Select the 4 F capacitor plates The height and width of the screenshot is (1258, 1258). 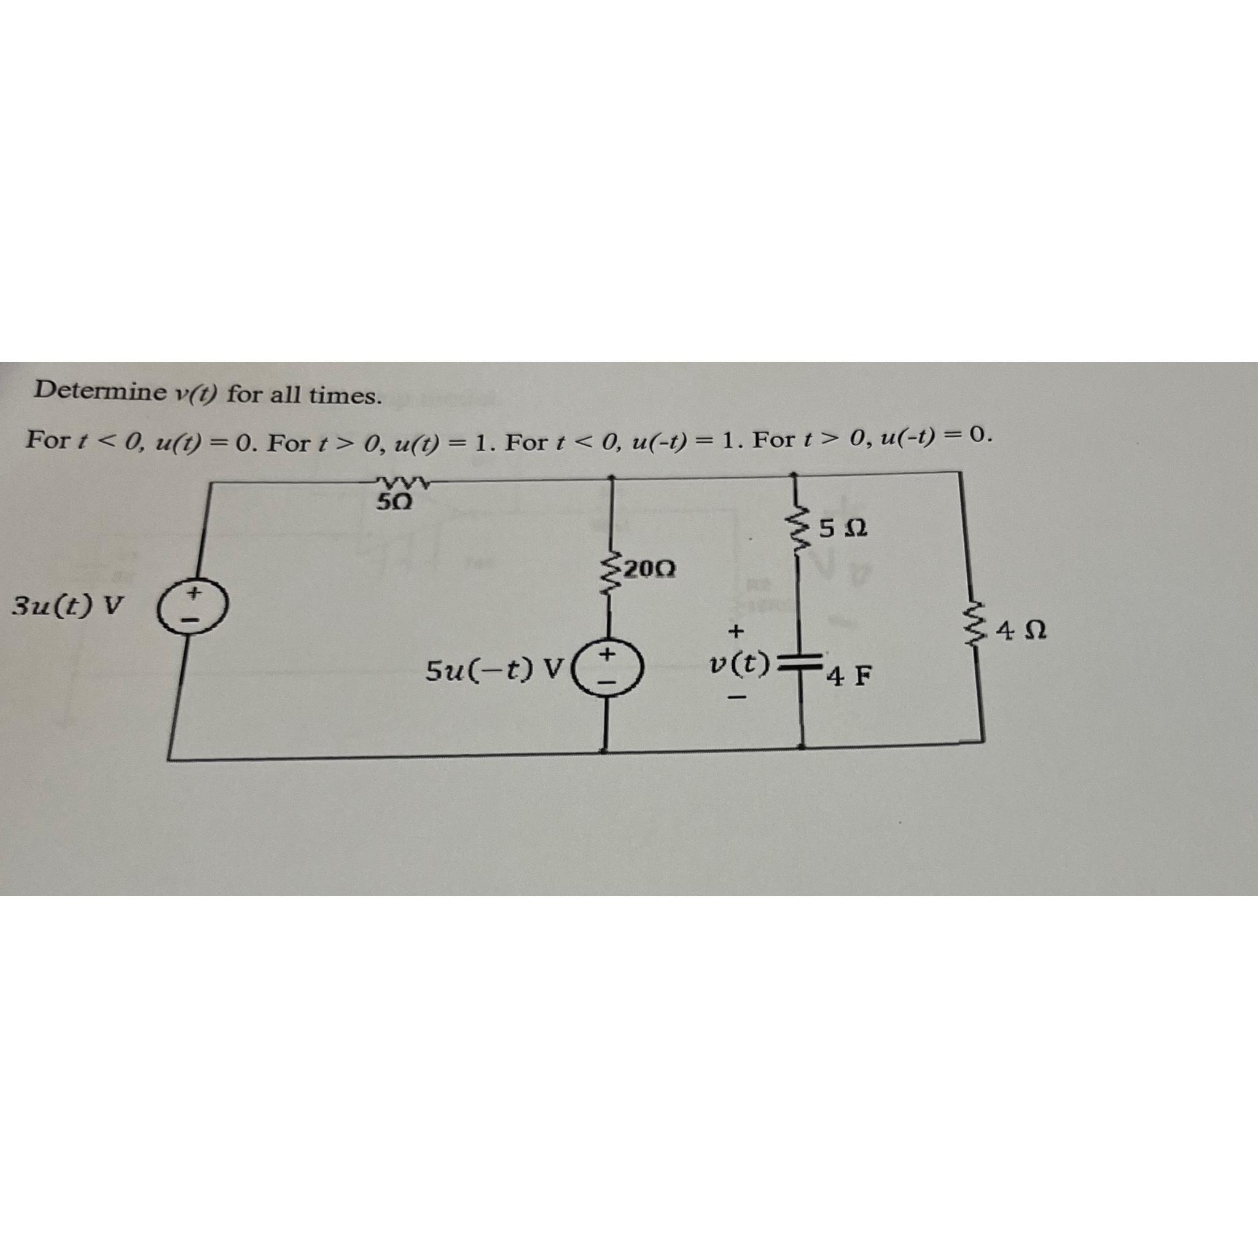pos(800,664)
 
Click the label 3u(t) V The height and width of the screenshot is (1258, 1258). pos(68,607)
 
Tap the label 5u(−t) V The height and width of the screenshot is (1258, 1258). pos(494,669)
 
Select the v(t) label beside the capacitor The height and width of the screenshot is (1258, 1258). pos(740,663)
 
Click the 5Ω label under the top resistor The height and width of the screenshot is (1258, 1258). pos(394,501)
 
